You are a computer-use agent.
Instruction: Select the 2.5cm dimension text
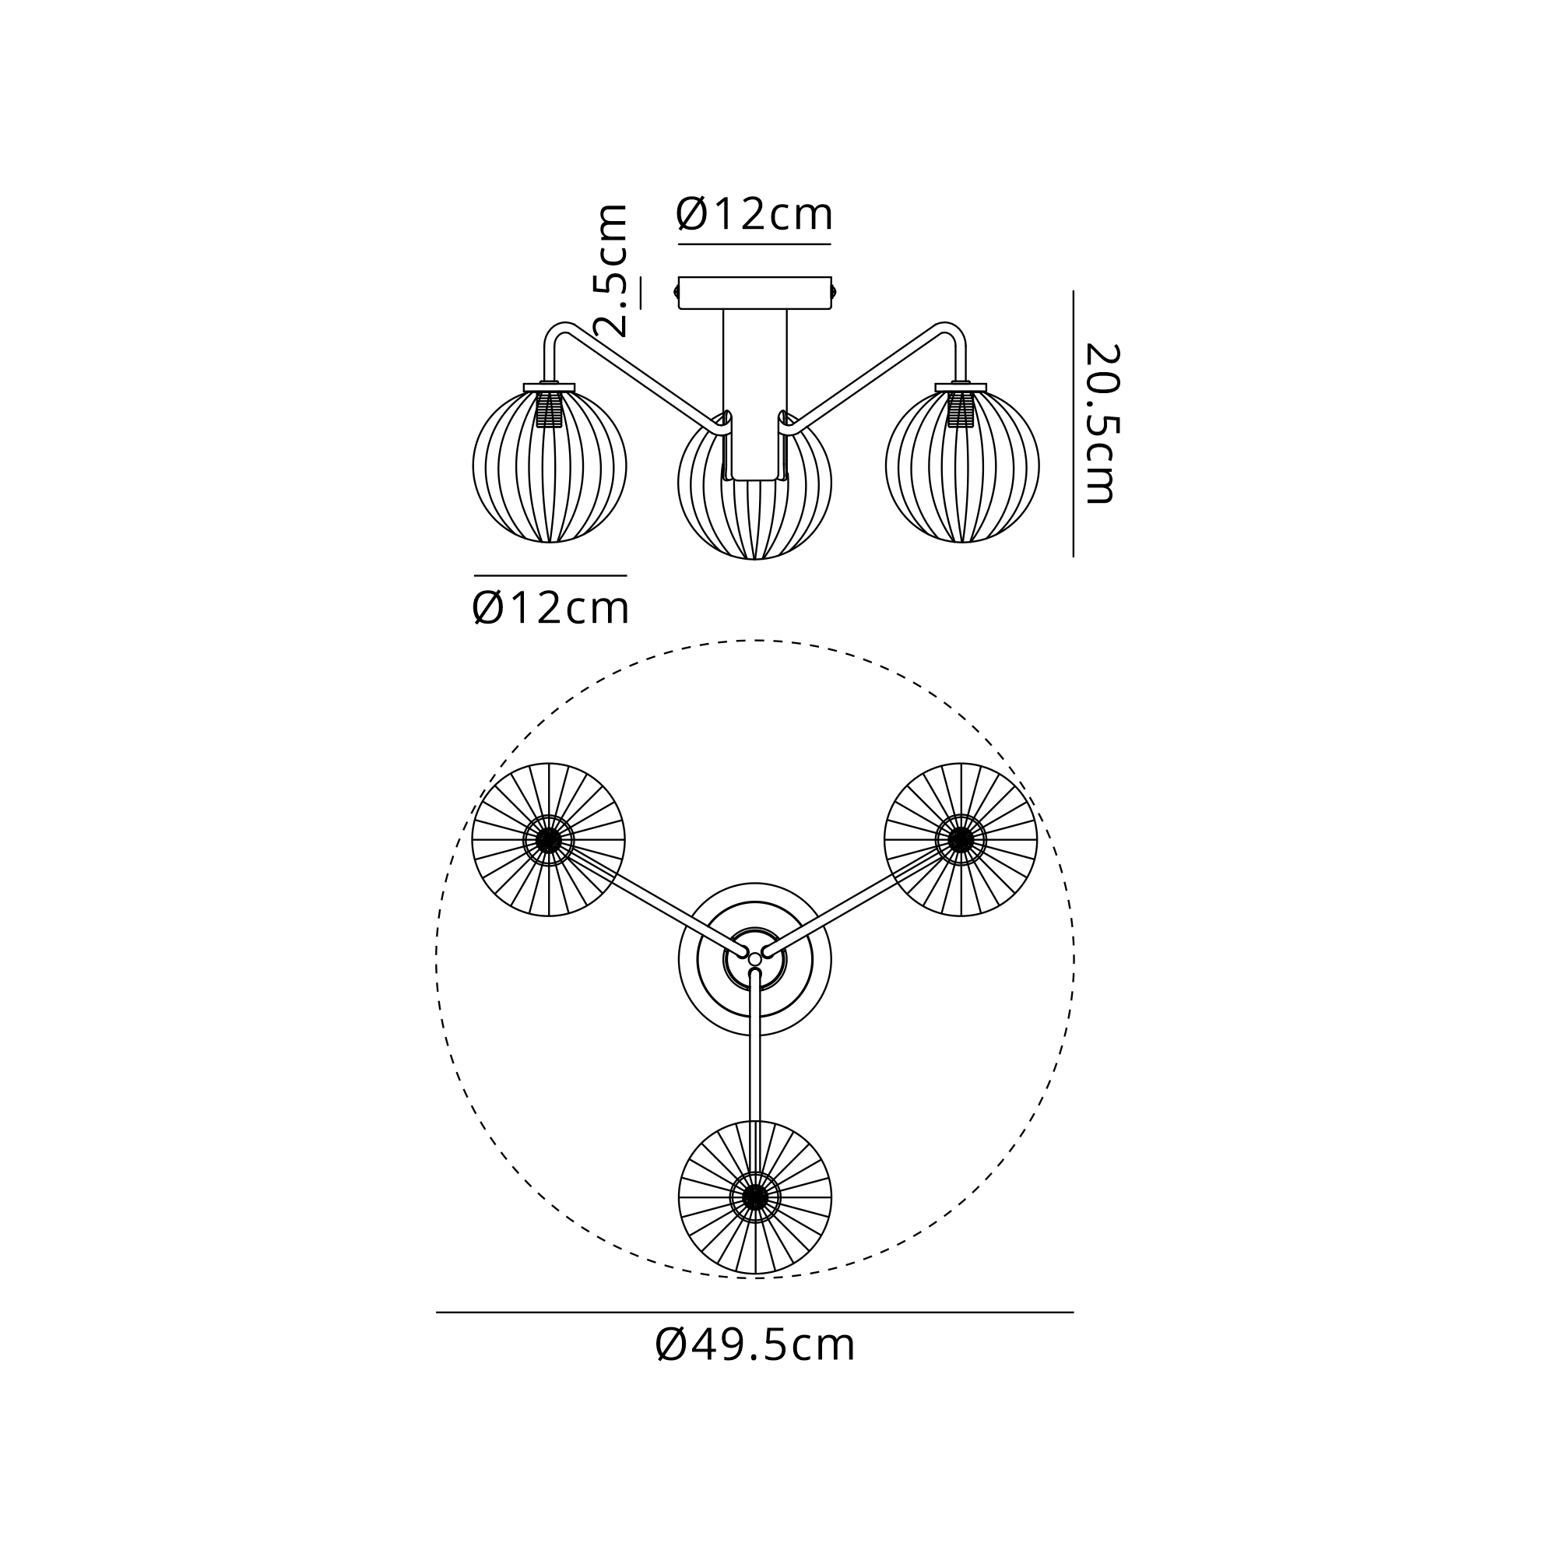(610, 270)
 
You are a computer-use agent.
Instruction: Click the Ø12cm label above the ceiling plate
(754, 214)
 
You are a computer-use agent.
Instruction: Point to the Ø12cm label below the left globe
(550, 608)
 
